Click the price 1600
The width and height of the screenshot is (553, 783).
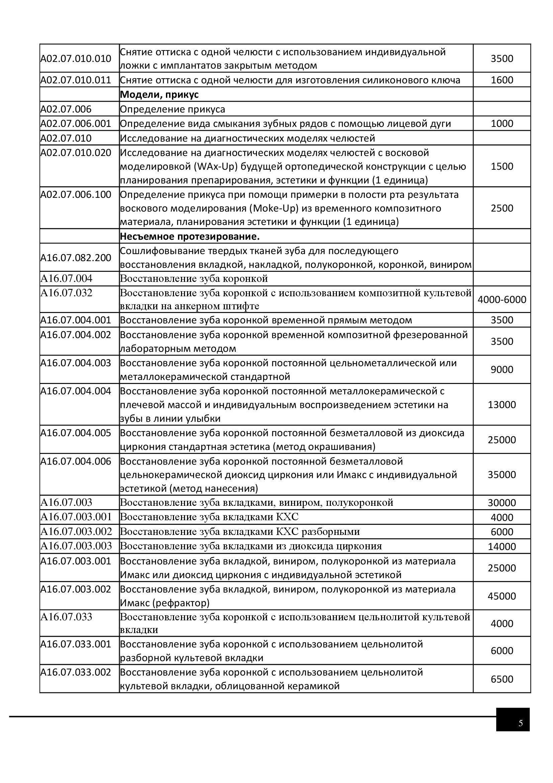pyautogui.click(x=501, y=80)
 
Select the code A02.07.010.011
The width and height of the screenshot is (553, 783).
pyautogui.click(x=76, y=80)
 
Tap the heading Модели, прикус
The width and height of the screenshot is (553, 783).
pyautogui.click(x=159, y=95)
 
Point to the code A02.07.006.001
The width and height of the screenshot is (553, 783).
pyautogui.click(x=76, y=124)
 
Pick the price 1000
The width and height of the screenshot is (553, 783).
pyautogui.click(x=501, y=124)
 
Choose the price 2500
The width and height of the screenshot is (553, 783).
pyautogui.click(x=501, y=208)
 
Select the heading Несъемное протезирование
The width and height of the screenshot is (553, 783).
pyautogui.click(x=190, y=236)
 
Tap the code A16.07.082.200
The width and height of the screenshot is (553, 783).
pyautogui.click(x=76, y=257)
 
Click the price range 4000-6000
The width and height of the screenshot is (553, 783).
pyautogui.click(x=501, y=300)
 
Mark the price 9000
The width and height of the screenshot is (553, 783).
pyautogui.click(x=501, y=370)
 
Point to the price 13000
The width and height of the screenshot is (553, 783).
pyautogui.click(x=501, y=405)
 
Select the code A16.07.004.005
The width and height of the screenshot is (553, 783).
pyautogui.click(x=76, y=433)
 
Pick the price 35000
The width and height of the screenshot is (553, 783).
pyautogui.click(x=501, y=474)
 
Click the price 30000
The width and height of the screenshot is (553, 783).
pyautogui.click(x=501, y=503)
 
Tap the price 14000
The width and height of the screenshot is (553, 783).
pyautogui.click(x=501, y=546)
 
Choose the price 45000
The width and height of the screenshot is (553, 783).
pyautogui.click(x=501, y=596)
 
